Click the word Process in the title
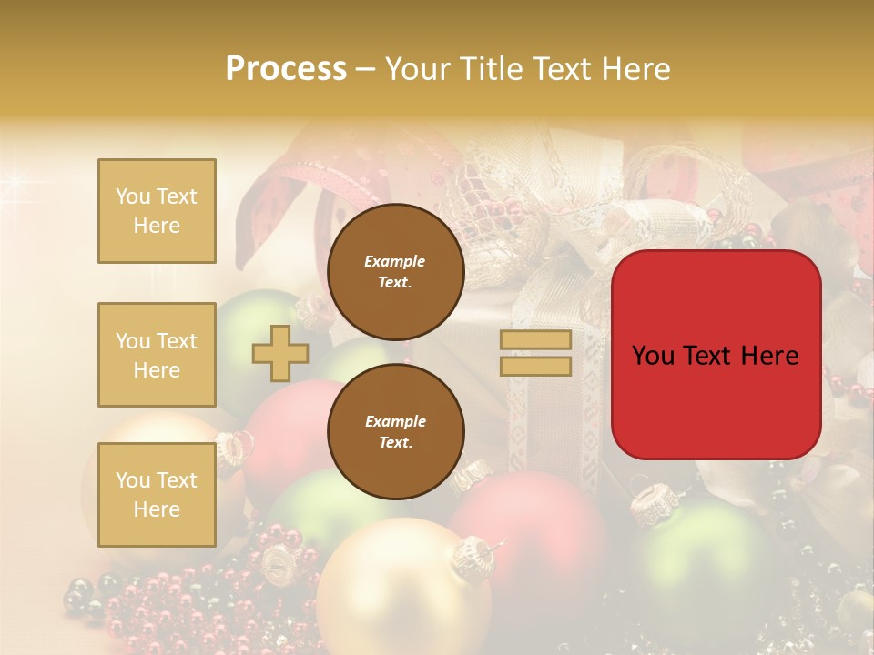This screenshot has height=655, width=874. tap(286, 69)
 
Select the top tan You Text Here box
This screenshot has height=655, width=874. tap(157, 211)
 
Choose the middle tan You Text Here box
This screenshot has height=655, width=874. tap(157, 355)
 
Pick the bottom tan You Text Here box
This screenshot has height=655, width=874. tap(157, 495)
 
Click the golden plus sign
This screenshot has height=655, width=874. tap(279, 353)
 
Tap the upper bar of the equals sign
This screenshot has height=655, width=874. tap(535, 340)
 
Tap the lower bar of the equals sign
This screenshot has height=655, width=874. tap(535, 367)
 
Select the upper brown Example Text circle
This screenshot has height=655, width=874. tap(395, 272)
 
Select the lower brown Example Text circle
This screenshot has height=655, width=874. tap(395, 431)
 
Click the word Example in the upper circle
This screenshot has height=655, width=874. tap(395, 261)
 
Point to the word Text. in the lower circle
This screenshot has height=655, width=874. tap(395, 443)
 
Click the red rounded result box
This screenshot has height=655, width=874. tap(716, 355)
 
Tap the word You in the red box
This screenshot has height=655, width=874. tap(655, 356)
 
